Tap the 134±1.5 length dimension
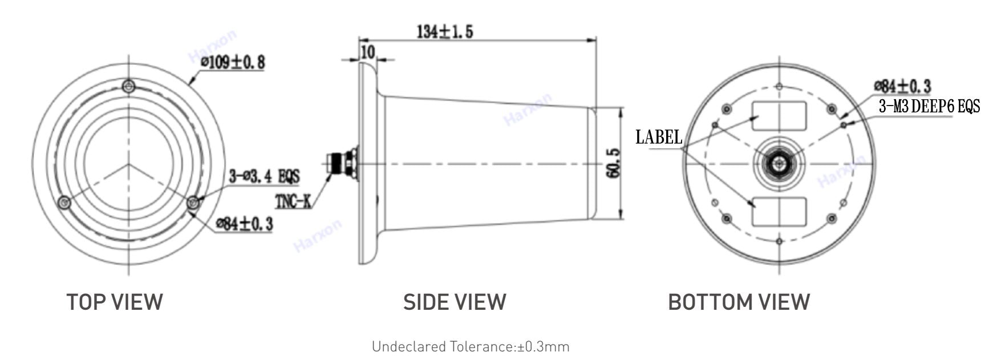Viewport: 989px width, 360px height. click(445, 31)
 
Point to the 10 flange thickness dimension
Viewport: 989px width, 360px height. click(368, 52)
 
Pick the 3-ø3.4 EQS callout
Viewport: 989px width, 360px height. click(264, 176)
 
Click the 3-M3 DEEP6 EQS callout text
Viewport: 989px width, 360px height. click(929, 106)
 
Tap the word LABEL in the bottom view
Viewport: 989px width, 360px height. click(659, 137)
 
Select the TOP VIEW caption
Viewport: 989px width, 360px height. click(115, 302)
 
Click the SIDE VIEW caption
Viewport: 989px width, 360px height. click(455, 302)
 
